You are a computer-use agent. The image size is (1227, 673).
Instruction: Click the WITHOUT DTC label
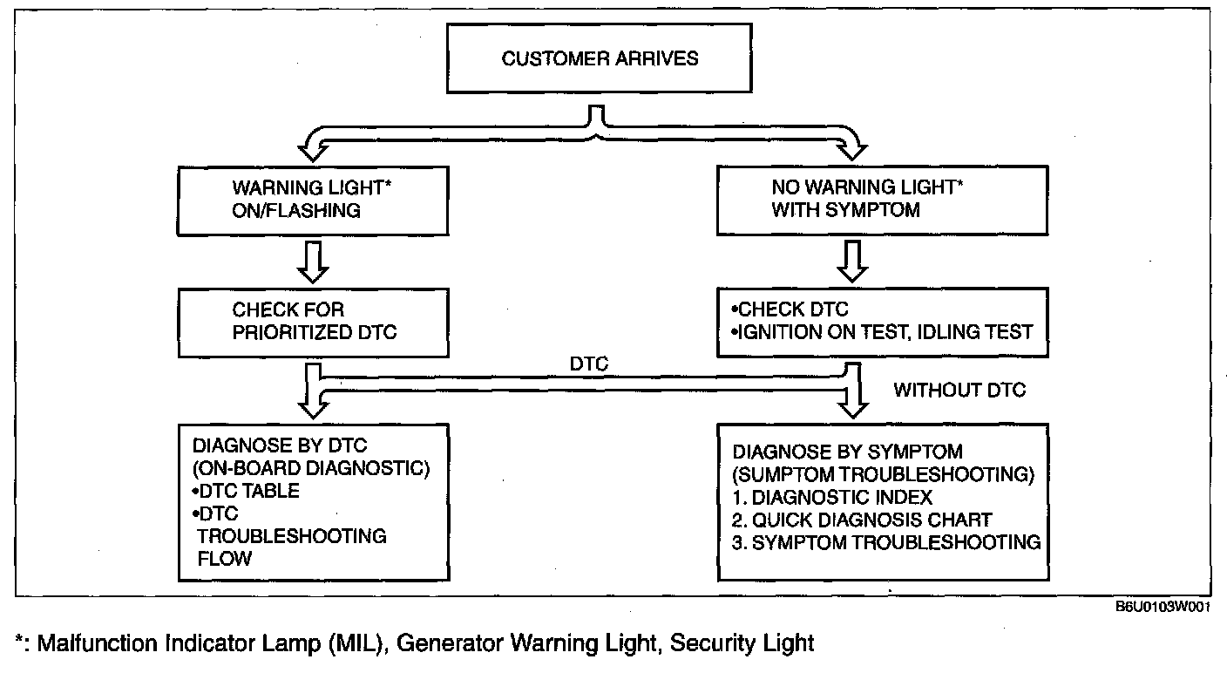click(x=959, y=390)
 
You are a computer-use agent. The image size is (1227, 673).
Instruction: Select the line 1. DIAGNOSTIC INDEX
click(x=833, y=498)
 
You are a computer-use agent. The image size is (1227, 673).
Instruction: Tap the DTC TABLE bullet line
click(x=241, y=491)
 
